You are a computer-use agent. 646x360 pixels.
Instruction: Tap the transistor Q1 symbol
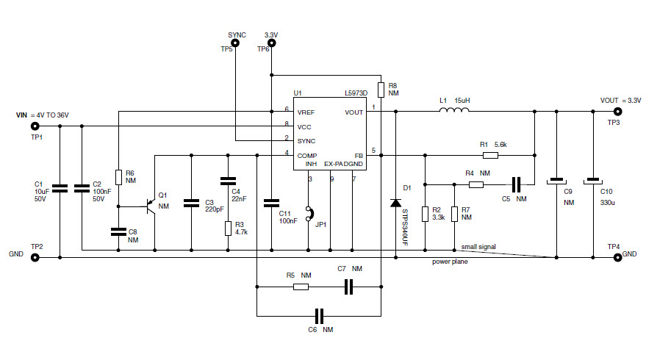(151, 207)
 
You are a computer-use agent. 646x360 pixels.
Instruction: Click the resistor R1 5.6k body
(490, 155)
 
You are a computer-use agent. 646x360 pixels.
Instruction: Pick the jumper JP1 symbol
(309, 214)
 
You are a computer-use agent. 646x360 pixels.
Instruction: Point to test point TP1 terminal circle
(35, 126)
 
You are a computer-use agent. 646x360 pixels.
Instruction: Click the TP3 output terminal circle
(617, 112)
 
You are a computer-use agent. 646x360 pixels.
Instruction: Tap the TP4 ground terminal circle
(617, 257)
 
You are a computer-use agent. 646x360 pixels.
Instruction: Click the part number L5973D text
(356, 93)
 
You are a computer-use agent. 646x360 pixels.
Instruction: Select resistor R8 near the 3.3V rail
(381, 90)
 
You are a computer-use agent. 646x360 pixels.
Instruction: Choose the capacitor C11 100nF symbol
(271, 201)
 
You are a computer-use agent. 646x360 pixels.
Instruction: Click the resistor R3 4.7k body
(229, 228)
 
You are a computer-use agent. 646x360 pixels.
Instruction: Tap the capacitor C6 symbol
(319, 316)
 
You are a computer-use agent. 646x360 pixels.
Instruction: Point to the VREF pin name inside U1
(306, 112)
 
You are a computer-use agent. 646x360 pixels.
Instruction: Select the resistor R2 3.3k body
(426, 214)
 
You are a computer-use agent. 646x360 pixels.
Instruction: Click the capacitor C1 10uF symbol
(60, 189)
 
